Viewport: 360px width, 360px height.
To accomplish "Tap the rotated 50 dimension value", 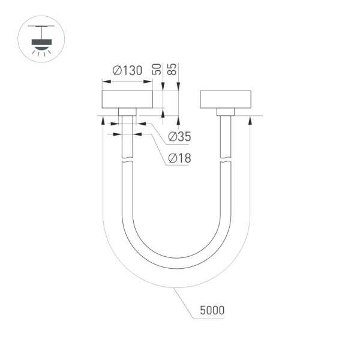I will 158,68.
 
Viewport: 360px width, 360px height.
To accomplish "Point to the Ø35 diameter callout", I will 179,137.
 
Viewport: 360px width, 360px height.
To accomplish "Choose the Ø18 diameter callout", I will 179,158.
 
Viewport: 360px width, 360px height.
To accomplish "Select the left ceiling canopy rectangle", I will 127,99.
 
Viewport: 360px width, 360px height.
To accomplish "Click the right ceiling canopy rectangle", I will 224,99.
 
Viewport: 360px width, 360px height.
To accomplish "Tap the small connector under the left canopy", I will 127,112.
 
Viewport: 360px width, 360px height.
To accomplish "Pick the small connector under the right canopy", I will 225,112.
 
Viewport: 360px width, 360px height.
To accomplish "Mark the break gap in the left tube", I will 127,161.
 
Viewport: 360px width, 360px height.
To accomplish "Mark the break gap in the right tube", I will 225,161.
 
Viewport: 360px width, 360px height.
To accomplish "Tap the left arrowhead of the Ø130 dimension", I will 105,81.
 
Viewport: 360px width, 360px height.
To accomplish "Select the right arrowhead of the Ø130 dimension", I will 149,81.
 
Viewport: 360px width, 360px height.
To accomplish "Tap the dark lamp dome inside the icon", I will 41,43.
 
